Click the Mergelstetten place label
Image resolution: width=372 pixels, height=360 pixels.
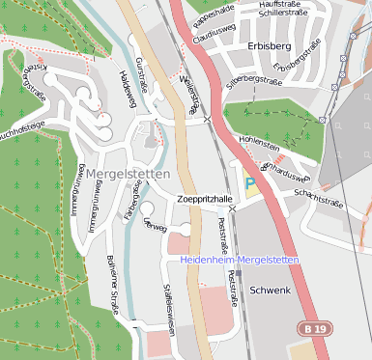128,175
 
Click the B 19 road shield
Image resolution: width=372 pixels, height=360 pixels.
311,329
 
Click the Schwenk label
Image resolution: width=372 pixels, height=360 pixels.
270,290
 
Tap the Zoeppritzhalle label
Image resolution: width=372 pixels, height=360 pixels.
206,199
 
